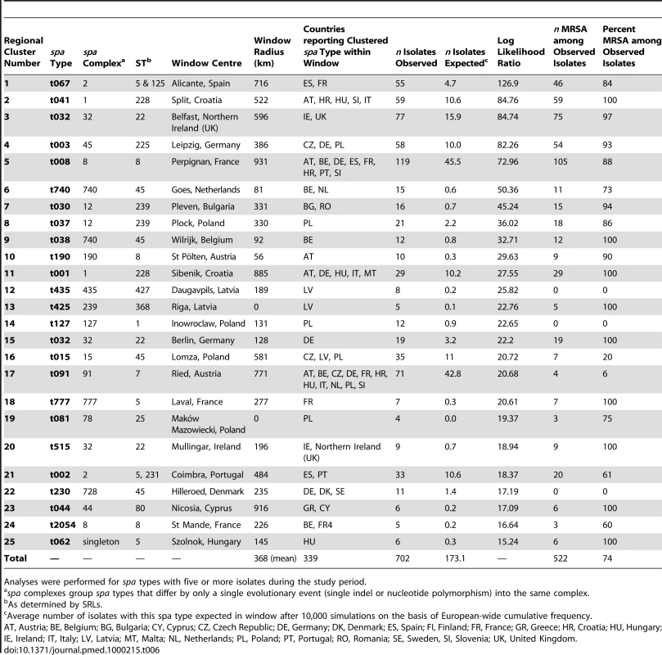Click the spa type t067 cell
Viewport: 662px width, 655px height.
[60, 84]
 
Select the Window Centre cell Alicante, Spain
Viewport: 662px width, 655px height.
[200, 84]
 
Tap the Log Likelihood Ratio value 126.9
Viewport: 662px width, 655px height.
[507, 84]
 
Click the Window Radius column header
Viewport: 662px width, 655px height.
[272, 52]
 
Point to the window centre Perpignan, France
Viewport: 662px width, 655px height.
[205, 162]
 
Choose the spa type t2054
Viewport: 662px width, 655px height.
[62, 525]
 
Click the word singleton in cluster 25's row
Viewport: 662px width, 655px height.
[101, 542]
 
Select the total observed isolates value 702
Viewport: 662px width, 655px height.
[403, 558]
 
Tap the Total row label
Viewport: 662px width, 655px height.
[16, 558]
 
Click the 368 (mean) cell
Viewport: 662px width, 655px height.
[275, 558]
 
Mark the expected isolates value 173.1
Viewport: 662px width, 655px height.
[455, 558]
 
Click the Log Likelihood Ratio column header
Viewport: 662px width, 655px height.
[521, 52]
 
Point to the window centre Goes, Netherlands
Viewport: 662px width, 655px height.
[205, 190]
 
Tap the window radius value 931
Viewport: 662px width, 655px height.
[261, 162]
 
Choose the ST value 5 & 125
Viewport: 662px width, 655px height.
[150, 84]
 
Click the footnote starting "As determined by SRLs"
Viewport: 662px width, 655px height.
[53, 604]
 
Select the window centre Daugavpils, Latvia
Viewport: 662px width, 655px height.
[205, 290]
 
